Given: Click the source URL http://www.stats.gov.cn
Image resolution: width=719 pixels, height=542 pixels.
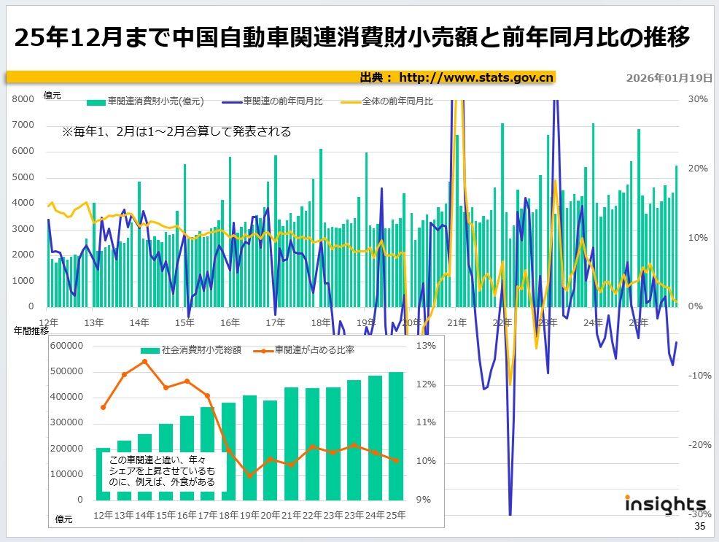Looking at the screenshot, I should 477,77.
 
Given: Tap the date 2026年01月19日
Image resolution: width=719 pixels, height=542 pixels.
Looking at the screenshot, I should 669,77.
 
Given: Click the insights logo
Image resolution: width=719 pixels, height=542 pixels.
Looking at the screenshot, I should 665,504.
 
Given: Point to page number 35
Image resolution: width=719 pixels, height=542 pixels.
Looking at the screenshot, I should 699,527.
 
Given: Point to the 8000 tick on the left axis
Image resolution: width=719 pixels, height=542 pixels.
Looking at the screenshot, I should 23,99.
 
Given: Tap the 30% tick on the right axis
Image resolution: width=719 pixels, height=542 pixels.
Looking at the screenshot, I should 698,99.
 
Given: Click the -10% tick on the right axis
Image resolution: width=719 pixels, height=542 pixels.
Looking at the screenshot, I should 698,376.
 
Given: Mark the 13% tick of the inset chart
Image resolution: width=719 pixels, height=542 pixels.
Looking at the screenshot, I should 426,347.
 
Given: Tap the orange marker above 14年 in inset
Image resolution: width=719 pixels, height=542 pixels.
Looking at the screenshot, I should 145,361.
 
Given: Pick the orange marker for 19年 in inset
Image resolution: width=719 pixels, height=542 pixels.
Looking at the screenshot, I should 249,476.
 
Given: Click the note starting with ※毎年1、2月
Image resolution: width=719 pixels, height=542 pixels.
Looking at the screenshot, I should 176,132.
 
